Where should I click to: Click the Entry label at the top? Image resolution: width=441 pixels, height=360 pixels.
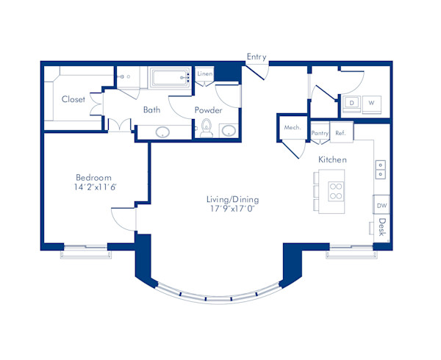tap(257, 57)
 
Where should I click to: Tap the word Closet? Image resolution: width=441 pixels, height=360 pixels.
tap(73, 99)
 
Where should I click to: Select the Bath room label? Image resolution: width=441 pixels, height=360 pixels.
tap(151, 110)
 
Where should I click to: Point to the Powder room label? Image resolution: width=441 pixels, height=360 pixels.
tap(208, 110)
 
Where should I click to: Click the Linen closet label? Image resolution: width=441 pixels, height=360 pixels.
tap(205, 74)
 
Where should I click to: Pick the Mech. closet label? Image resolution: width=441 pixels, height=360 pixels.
tap(293, 128)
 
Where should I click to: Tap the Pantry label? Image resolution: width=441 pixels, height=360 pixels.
tap(320, 133)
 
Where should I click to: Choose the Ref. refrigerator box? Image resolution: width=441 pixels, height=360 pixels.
tap(340, 133)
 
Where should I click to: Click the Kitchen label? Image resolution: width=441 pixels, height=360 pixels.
tap(332, 159)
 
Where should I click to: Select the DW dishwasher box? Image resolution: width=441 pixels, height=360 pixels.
tap(381, 205)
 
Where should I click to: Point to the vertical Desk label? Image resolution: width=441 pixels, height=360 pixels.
tap(382, 227)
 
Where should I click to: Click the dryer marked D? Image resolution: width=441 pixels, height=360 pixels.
tap(352, 103)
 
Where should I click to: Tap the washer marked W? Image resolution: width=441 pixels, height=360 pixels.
tap(371, 103)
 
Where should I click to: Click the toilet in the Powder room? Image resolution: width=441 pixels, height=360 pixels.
tap(207, 129)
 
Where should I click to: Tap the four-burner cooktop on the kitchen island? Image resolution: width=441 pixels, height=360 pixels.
tap(336, 191)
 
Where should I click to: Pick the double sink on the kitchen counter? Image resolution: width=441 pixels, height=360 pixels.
tap(381, 169)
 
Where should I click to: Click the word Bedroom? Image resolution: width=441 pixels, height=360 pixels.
tap(93, 178)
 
